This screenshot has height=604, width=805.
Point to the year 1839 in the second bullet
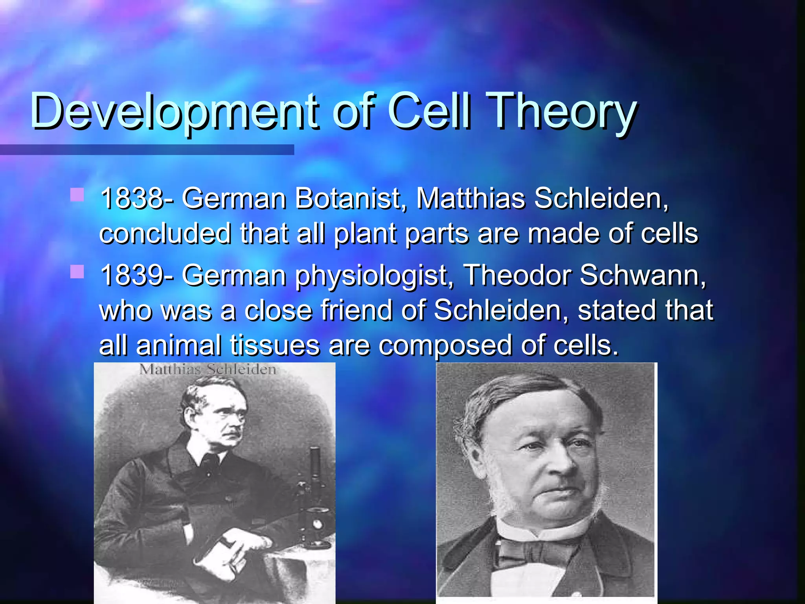coord(131,275)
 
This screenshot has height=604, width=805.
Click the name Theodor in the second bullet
coord(517,275)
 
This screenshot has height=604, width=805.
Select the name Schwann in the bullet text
coord(642,275)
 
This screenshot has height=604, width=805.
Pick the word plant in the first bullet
coord(365,234)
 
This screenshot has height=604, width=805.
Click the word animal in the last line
coord(179,345)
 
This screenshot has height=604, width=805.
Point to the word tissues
coord(275,345)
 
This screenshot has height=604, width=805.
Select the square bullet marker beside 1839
coord(77,272)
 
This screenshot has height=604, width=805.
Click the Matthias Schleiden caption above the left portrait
coord(208,370)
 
